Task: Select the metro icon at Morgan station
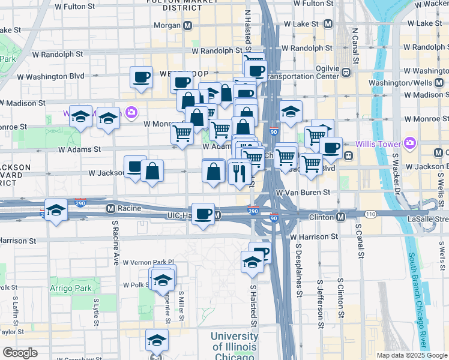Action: click(188, 26)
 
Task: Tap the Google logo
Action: click(19, 353)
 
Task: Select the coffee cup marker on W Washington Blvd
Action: click(142, 77)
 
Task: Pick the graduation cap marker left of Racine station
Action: click(56, 210)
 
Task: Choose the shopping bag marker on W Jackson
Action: click(152, 171)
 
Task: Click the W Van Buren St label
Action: click(303, 193)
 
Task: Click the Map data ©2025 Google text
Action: click(411, 355)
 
